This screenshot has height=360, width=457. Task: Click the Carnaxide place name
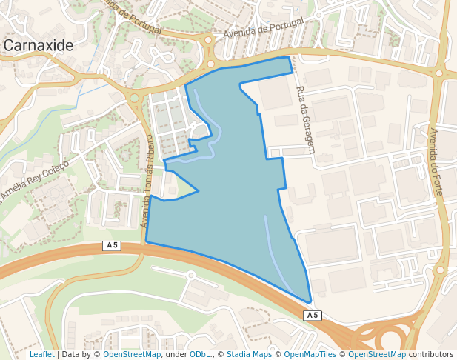click(x=39, y=45)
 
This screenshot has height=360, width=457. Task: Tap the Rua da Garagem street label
click(x=305, y=119)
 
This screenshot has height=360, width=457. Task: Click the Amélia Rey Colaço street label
click(x=35, y=180)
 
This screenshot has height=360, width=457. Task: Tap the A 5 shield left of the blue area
click(x=112, y=245)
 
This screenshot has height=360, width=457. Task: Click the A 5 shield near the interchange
click(x=313, y=316)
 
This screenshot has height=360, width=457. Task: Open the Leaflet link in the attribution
click(x=41, y=355)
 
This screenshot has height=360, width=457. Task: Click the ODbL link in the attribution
click(x=200, y=355)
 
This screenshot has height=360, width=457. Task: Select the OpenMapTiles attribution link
click(x=310, y=355)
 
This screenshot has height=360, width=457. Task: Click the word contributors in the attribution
click(x=432, y=355)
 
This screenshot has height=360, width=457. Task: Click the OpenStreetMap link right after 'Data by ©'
click(x=131, y=355)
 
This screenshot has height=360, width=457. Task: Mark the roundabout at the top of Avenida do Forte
click(x=440, y=73)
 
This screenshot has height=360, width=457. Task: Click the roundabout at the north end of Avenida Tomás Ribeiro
click(x=134, y=97)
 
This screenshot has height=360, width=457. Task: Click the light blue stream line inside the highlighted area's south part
click(x=274, y=252)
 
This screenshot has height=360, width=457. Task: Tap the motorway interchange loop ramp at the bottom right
click(x=389, y=338)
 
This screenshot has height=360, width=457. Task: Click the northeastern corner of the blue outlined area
click(x=288, y=58)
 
